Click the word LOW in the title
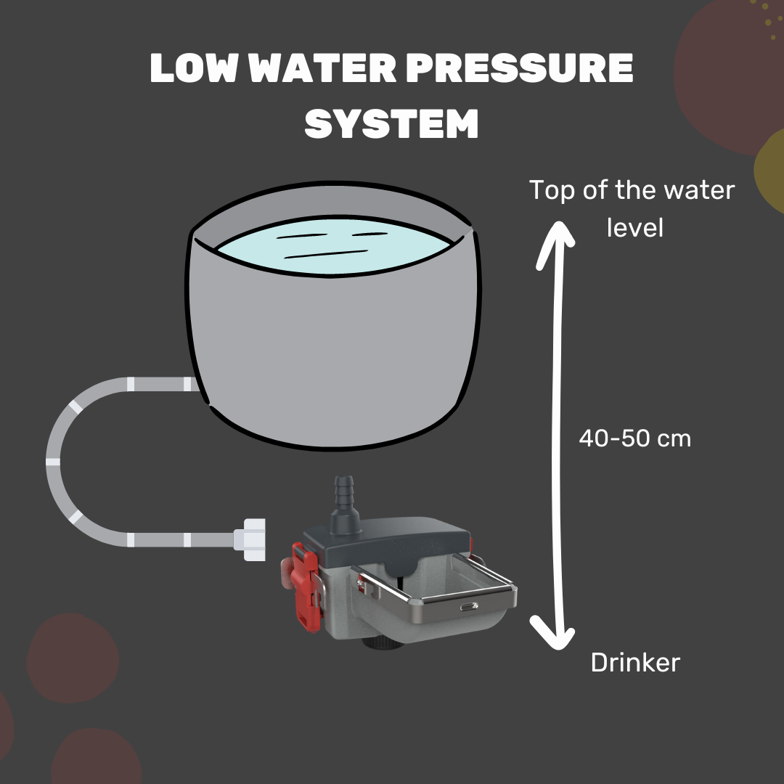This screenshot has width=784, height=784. [x=192, y=70]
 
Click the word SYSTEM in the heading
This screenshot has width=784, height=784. [x=392, y=123]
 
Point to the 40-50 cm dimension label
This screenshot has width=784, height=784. [x=634, y=438]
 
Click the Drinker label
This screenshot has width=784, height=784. [x=635, y=662]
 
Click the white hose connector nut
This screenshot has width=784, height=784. [x=252, y=540]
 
